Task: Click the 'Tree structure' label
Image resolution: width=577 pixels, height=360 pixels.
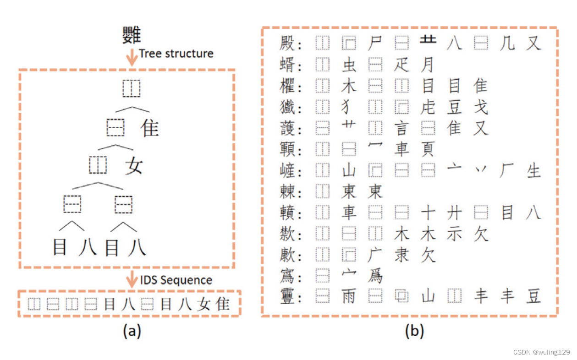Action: [x=176, y=54]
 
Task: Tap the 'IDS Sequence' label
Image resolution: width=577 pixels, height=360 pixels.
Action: [x=177, y=280]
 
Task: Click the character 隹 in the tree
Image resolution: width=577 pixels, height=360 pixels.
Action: [x=150, y=128]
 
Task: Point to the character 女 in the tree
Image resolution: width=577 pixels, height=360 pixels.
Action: [x=134, y=165]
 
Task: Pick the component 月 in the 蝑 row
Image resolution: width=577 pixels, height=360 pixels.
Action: [x=427, y=65]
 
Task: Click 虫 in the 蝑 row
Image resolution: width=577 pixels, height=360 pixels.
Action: [x=349, y=65]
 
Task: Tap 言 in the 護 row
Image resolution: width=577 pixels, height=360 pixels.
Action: [x=401, y=128]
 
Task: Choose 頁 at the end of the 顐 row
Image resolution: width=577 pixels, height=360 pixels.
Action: [x=427, y=150]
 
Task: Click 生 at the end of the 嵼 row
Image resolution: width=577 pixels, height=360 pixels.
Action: [x=533, y=171]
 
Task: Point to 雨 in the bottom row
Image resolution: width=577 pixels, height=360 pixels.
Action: [x=349, y=296]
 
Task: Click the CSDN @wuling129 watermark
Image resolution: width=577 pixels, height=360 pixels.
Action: [x=541, y=352]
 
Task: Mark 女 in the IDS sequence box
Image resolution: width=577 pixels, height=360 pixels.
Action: [x=203, y=304]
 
